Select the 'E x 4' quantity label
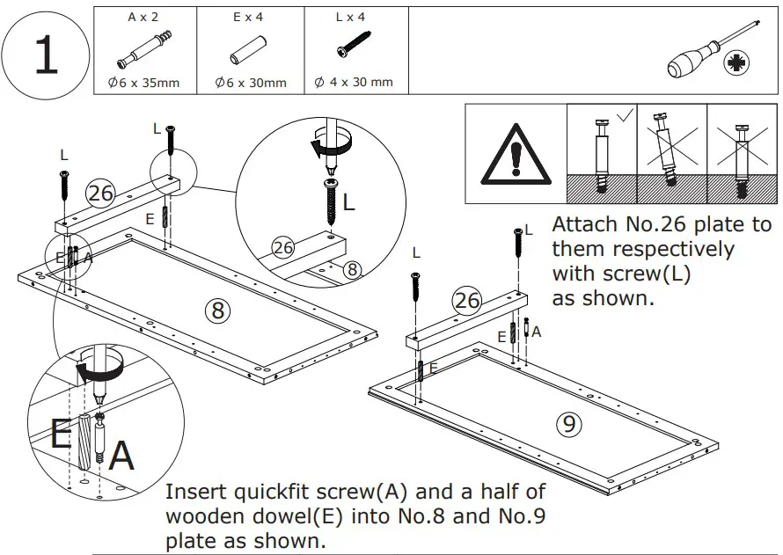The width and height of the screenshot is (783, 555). [250, 17]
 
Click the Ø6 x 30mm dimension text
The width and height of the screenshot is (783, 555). [251, 84]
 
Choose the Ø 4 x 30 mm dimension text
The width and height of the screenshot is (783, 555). [354, 83]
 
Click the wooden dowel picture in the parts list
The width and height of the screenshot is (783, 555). [249, 54]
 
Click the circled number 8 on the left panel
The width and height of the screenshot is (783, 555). [216, 310]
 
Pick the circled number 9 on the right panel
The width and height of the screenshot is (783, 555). [569, 425]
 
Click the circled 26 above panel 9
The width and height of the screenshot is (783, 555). [467, 301]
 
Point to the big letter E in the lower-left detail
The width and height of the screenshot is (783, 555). [61, 434]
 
